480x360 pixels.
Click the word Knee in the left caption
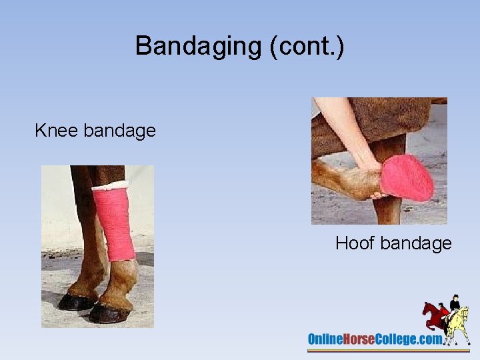tap(57, 130)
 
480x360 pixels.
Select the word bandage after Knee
tap(120, 130)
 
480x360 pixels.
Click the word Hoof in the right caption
tap(355, 243)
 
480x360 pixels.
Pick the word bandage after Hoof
tap(416, 243)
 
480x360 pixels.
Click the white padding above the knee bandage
tap(109, 185)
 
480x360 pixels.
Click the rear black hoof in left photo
tap(75, 302)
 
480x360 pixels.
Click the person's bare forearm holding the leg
tap(343, 130)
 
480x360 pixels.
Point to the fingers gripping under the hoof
tap(377, 195)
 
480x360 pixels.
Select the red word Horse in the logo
tap(360, 339)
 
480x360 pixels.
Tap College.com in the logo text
tap(409, 339)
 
